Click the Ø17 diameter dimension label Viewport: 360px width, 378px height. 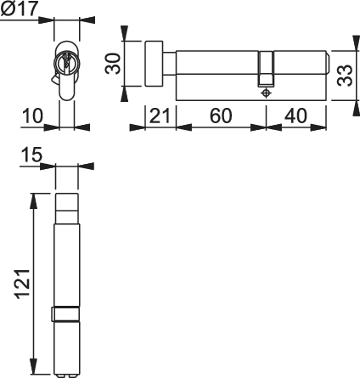point(19,8)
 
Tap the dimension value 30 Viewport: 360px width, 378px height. point(112,64)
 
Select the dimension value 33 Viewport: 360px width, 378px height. point(345,76)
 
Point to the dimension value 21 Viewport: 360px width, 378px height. point(160,116)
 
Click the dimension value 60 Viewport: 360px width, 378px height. point(221,116)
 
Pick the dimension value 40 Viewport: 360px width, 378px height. point(295,116)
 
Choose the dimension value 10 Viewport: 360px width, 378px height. point(32,116)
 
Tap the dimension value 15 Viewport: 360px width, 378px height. point(31,155)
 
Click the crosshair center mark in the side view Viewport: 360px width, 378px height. point(266,93)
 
